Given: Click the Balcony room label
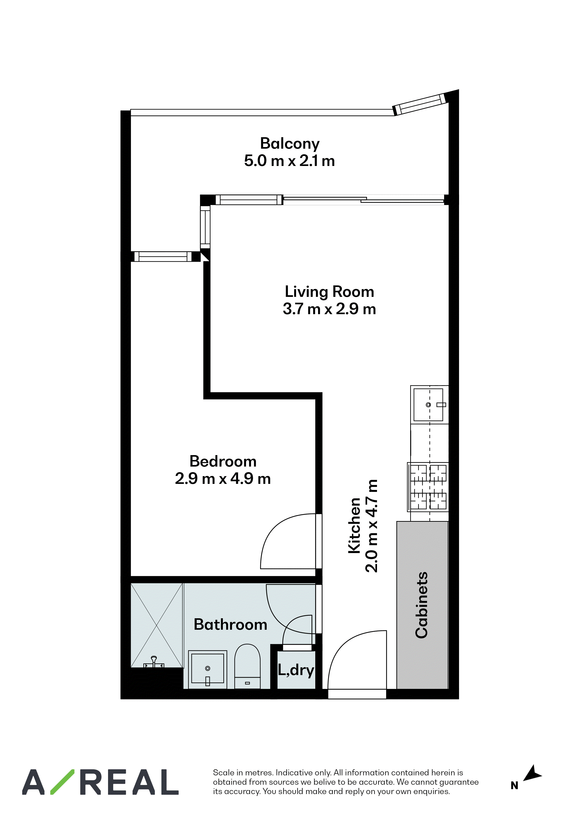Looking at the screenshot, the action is tap(290, 144).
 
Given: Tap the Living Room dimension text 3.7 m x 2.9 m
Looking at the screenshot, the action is tap(330, 309).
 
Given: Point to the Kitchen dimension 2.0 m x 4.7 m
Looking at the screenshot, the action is tap(371, 526).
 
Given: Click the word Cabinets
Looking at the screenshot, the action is tap(422, 605).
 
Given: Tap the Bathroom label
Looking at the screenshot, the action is tap(231, 624).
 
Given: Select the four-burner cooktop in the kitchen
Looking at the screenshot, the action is tap(428, 487).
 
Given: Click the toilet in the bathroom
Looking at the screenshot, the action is tap(247, 666).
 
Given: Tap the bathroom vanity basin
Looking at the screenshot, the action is tap(208, 669).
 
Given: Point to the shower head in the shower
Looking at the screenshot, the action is tap(154, 662).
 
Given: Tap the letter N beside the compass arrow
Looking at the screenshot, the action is tap(514, 785).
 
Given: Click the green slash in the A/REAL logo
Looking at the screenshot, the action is tap(62, 782).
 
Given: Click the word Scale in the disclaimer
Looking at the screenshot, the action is tap(224, 773).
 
